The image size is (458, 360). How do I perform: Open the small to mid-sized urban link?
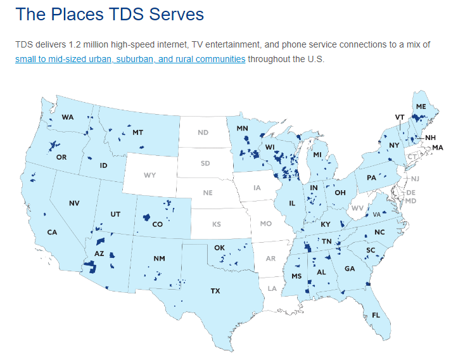point(130,59)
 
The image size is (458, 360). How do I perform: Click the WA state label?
point(68,118)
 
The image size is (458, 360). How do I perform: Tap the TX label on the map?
point(215,291)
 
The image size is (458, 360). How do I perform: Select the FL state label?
point(376,315)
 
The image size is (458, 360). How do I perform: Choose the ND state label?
point(203,132)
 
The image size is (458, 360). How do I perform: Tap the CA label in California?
point(52,233)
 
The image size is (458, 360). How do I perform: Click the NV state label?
point(74,203)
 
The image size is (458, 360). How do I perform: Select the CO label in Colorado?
point(158,224)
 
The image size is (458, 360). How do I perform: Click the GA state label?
point(349,268)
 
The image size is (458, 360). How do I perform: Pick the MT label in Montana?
point(137,132)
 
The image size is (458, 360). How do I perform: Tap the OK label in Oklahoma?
point(220,248)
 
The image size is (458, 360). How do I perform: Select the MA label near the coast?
point(438,148)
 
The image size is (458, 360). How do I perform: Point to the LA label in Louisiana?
point(272,288)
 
